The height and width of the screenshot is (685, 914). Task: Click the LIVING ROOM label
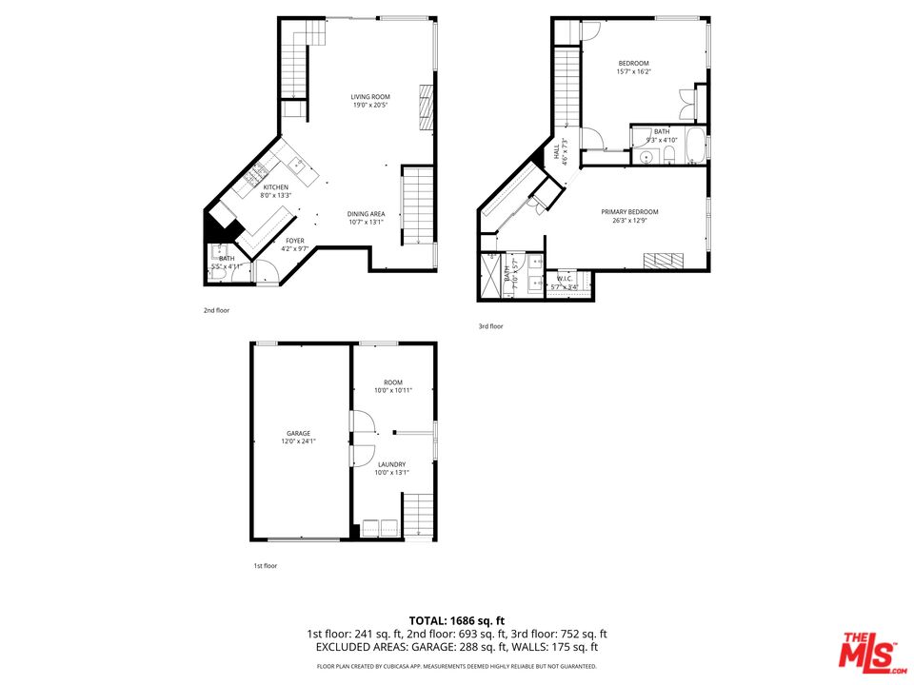(x=370, y=97)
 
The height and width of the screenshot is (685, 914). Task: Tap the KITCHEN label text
(x=276, y=187)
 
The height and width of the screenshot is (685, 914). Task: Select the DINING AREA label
(x=366, y=214)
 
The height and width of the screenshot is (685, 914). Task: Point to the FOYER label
(x=295, y=241)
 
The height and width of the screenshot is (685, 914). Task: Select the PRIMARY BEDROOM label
(x=629, y=212)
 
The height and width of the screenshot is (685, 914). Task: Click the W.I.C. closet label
(x=564, y=280)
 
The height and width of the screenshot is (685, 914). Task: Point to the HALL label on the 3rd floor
(x=558, y=152)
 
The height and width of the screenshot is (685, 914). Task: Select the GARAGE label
(x=298, y=434)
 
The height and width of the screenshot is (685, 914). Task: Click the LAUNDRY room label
(x=391, y=464)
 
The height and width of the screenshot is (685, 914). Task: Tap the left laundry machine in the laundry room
(x=368, y=528)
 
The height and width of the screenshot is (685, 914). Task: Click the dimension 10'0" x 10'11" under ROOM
(x=393, y=390)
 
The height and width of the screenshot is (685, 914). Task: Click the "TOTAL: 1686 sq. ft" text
(x=457, y=620)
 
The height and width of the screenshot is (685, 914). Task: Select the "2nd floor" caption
(x=216, y=310)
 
